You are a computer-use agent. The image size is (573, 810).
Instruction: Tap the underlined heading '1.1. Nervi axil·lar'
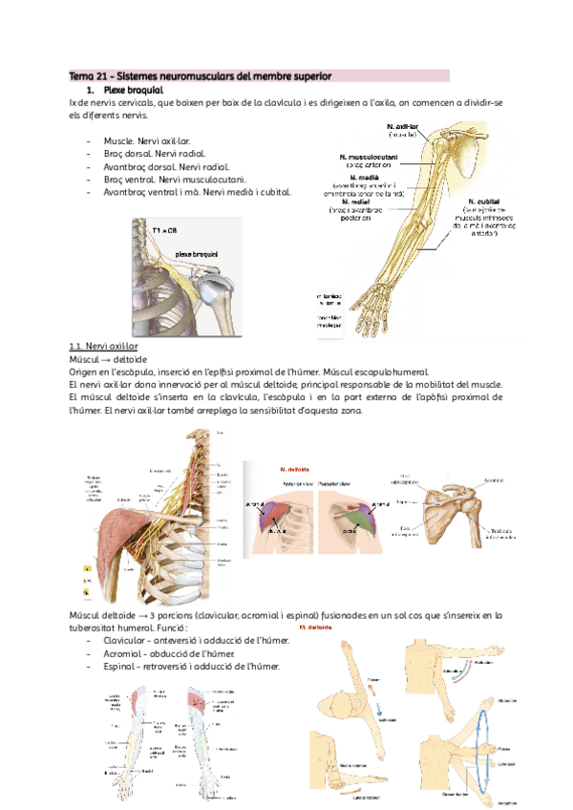pos(104,346)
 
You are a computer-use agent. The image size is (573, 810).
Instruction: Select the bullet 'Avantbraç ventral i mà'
pos(197,191)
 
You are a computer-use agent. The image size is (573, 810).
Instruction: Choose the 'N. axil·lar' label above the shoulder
pos(404,125)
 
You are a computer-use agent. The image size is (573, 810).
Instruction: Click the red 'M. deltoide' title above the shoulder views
pos(293,470)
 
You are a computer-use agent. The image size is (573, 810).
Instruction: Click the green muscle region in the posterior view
pos(361,511)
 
